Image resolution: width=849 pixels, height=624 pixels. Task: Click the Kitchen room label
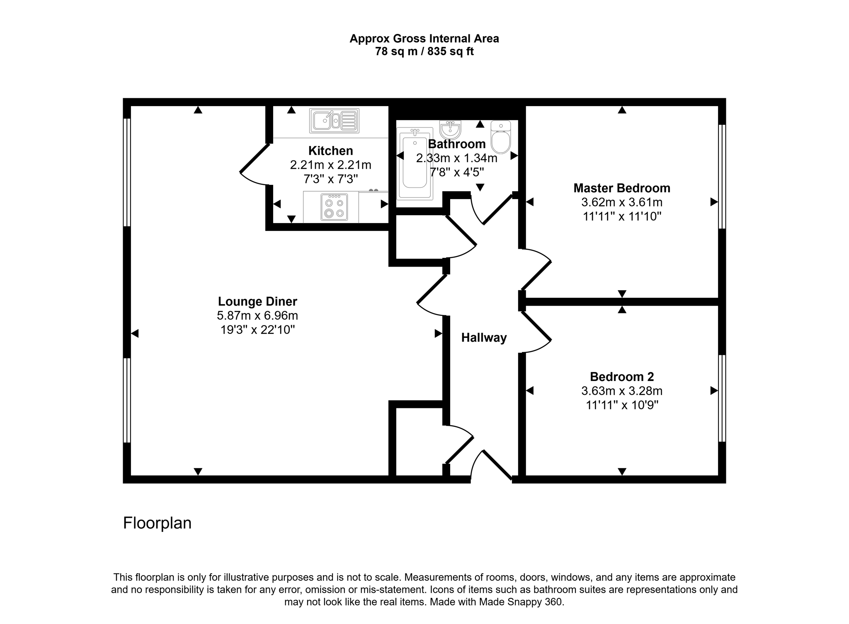[x=330, y=151]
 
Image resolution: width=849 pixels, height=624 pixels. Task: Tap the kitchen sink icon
[x=334, y=121]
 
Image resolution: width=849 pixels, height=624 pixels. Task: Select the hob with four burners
[x=334, y=207]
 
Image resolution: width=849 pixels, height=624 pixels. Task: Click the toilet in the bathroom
[x=501, y=138]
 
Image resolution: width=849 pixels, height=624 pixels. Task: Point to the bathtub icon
[x=415, y=164]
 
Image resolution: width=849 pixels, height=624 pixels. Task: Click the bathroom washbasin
[x=450, y=130]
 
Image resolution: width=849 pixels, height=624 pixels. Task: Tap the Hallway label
[x=484, y=338]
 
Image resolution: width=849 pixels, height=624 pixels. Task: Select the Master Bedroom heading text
[x=621, y=188]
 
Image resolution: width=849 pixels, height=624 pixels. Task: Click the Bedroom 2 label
[x=621, y=377]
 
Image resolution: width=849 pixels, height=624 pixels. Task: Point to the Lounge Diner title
[x=257, y=301]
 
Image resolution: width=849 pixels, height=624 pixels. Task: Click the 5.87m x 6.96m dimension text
[x=257, y=316]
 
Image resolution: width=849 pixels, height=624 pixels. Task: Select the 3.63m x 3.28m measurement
[x=621, y=391]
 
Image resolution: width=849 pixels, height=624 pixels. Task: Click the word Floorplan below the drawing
[x=157, y=523]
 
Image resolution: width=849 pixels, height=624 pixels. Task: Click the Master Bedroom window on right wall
[x=722, y=176]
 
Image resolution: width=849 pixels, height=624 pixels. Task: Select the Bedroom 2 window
[x=722, y=398]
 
